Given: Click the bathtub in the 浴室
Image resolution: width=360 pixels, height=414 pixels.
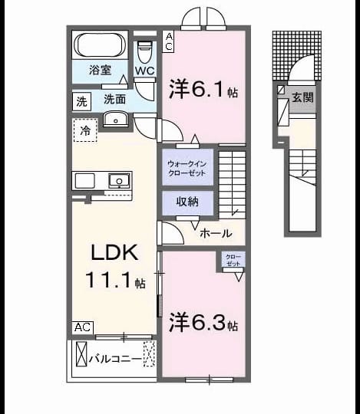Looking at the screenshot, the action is [x=100, y=44].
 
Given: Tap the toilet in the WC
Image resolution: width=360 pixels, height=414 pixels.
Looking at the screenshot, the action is [x=144, y=52].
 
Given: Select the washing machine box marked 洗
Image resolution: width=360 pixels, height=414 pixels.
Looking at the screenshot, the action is [x=81, y=101].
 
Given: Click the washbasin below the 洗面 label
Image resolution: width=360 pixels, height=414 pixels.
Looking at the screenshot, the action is [x=115, y=119].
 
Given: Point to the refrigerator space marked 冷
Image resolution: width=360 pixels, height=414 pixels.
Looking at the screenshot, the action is [x=85, y=130].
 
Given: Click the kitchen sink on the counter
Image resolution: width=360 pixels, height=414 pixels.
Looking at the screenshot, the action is [x=120, y=181].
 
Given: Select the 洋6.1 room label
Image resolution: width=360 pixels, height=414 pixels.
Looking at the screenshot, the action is [x=203, y=89].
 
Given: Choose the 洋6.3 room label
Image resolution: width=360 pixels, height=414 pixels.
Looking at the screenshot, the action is [x=203, y=322].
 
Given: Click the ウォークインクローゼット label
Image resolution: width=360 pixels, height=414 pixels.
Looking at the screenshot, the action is [x=187, y=169].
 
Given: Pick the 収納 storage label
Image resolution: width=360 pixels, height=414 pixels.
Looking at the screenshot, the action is [x=187, y=202].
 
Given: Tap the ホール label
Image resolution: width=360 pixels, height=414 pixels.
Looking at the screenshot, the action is [x=216, y=233].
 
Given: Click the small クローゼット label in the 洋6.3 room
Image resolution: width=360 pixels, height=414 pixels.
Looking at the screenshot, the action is [x=233, y=260].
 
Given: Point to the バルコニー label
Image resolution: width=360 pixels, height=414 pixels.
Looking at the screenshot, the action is [x=115, y=360].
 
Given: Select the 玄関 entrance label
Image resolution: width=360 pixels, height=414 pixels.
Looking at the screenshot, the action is [x=302, y=97].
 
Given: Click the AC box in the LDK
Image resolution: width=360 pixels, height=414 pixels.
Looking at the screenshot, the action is [x=83, y=327].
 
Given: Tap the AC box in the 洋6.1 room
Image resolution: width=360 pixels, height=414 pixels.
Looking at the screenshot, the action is [x=168, y=41].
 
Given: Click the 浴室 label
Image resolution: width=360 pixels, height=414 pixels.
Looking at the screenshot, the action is [x=101, y=70].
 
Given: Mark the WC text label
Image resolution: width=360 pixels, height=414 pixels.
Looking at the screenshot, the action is [x=145, y=71].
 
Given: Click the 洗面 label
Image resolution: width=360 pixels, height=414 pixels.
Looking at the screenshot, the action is [x=114, y=100].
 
